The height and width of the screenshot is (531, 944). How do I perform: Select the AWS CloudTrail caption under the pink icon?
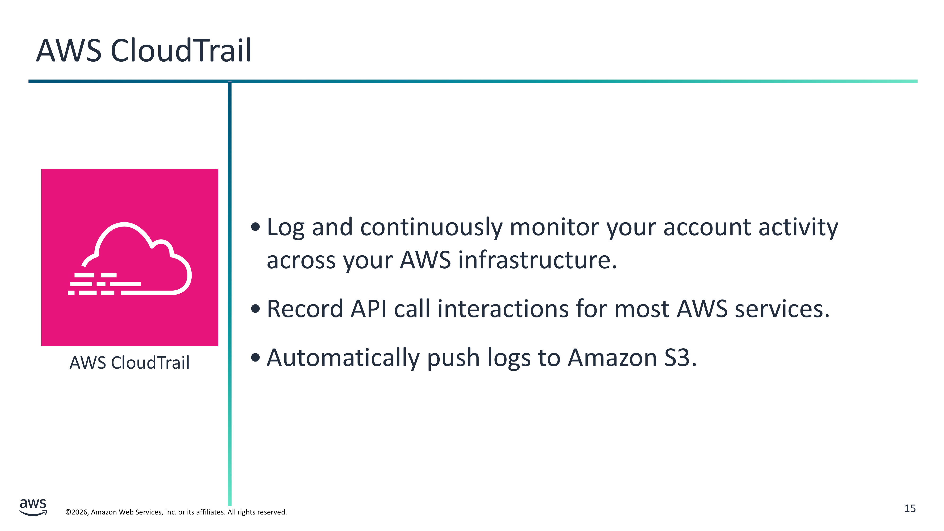coord(129,363)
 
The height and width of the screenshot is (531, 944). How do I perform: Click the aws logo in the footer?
coord(33,507)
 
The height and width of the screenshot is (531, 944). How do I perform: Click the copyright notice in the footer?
coord(176,512)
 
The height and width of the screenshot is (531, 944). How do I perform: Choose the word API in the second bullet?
coord(368,309)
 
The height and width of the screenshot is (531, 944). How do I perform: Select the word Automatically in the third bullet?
coord(343,358)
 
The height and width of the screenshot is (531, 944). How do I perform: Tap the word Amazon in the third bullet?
coord(612,358)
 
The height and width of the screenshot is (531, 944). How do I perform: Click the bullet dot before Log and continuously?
coord(255,227)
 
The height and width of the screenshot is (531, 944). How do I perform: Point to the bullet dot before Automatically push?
coord(255,357)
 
